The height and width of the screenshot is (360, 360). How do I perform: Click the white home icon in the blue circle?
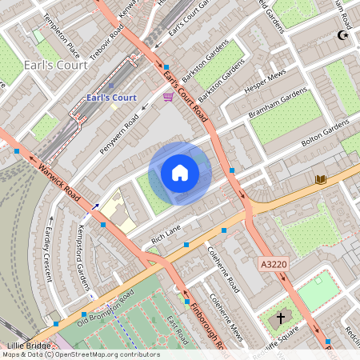point(180,173)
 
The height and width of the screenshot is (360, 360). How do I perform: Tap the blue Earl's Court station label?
point(111,98)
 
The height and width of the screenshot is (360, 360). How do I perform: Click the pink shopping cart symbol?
point(168,97)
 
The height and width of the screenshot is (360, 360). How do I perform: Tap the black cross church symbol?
point(280,318)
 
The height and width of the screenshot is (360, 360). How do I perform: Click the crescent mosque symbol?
point(345,35)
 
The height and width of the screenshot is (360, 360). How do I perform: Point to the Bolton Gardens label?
point(326,129)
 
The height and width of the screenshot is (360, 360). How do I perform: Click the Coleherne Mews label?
point(226,316)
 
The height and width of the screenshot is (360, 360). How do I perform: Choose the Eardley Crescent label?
point(47,247)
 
